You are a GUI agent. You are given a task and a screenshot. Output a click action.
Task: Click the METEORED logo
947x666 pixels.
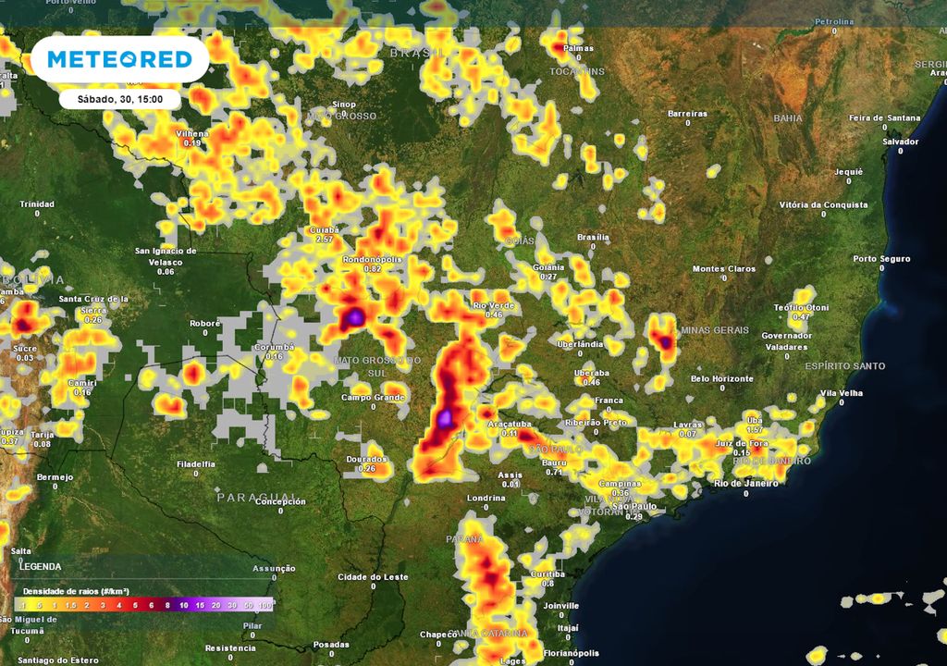tap(119, 59)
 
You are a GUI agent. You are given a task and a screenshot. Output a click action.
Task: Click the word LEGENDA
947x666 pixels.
tap(41, 566)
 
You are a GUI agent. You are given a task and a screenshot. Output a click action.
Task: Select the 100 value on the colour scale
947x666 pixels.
tap(265, 605)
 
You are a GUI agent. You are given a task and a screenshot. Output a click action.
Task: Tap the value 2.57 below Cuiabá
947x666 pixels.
tap(325, 240)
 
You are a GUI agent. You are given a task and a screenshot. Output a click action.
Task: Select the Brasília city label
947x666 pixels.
tap(593, 237)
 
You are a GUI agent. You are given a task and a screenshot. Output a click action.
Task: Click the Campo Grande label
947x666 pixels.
tap(373, 398)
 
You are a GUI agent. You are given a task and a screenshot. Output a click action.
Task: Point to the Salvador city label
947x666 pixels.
tap(900, 142)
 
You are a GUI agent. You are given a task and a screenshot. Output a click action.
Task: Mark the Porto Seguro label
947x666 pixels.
tap(881, 259)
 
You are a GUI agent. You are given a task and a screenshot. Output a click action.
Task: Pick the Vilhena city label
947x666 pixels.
tap(192, 133)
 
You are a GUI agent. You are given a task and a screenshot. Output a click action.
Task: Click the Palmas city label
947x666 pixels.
tap(578, 48)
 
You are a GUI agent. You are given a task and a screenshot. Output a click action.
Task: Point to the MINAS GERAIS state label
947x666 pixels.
tap(713, 330)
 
